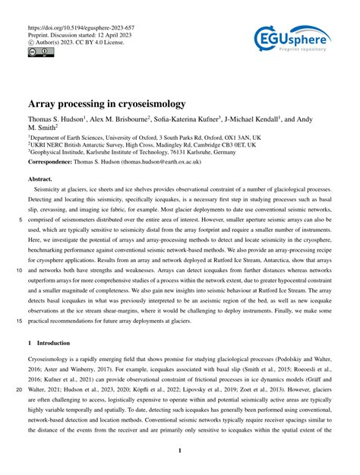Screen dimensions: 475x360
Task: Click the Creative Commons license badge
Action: tap(37, 52)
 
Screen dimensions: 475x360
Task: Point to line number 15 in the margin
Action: tap(19, 321)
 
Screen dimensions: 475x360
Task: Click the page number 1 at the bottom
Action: tap(180, 451)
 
